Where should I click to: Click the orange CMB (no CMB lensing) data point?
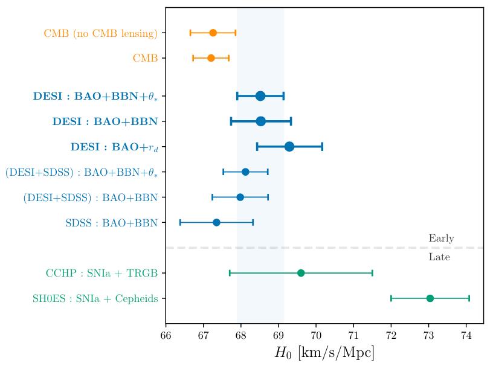point(213,33)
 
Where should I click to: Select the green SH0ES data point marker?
point(430,298)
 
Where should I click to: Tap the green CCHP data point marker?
point(301,273)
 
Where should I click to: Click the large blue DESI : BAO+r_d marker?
point(289,146)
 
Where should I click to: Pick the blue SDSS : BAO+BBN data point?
point(216,222)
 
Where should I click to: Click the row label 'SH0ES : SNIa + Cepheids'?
point(95,298)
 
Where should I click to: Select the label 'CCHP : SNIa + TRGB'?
point(101,274)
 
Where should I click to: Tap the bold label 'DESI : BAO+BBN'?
point(105,121)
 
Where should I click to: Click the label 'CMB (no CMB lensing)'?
point(100,33)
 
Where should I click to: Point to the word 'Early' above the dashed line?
point(441,239)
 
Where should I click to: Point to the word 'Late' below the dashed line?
point(439,257)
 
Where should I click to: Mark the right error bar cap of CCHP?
point(372,273)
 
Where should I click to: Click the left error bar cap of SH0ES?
point(391,298)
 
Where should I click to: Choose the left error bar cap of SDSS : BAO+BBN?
point(180,222)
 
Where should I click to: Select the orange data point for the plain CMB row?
point(211,58)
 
